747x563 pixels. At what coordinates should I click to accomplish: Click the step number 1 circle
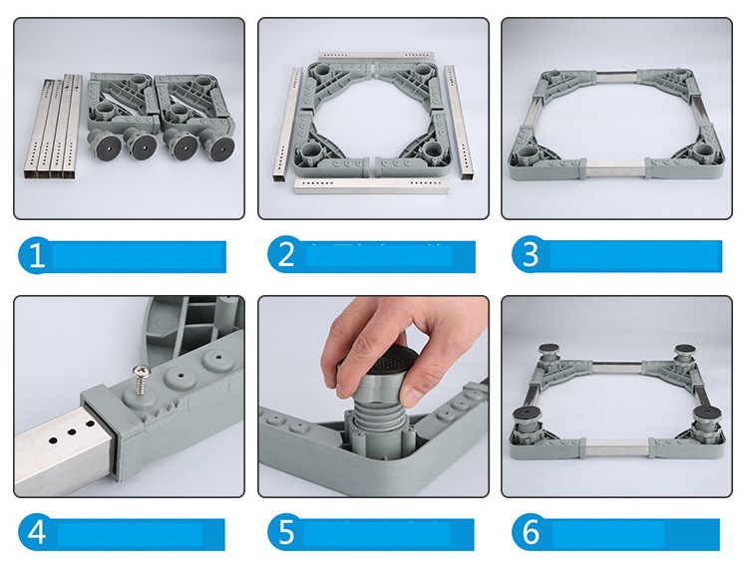(x=35, y=255)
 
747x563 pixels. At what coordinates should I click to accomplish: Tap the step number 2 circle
(x=284, y=254)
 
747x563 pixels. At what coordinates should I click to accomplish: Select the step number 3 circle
(x=530, y=254)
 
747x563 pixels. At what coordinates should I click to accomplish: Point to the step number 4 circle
(x=36, y=532)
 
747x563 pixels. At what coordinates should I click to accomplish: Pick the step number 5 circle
(x=285, y=532)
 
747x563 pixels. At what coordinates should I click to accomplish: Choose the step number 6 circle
(x=530, y=532)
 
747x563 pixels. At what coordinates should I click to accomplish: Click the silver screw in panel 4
(x=140, y=379)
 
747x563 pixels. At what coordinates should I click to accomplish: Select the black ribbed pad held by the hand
(x=387, y=363)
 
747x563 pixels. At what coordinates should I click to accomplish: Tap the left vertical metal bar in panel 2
(x=287, y=124)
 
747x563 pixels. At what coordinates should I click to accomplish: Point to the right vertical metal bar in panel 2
(x=458, y=122)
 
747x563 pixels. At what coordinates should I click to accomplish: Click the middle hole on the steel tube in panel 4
(x=72, y=432)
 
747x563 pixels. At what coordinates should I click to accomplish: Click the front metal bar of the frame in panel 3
(x=615, y=169)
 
